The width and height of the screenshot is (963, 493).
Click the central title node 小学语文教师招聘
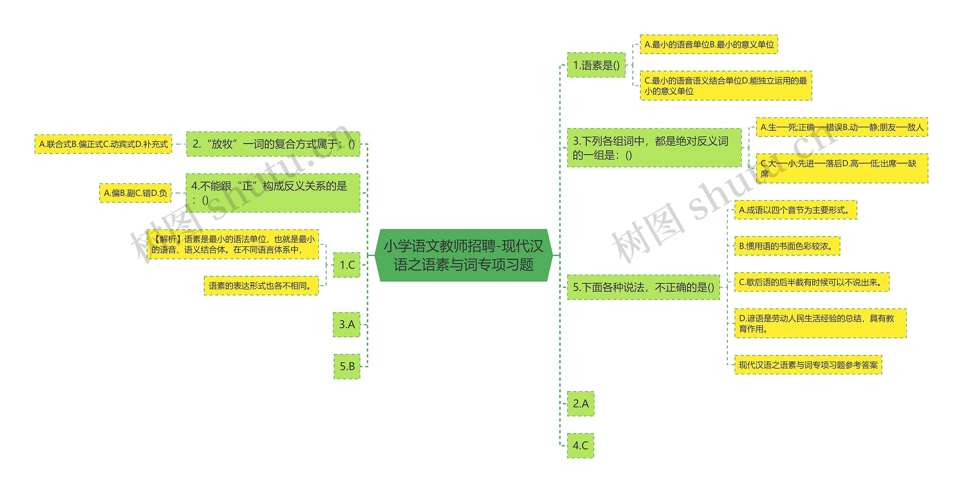(x=463, y=256)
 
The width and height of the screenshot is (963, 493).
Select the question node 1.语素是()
(x=596, y=65)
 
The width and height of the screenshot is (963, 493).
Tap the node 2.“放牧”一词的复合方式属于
(x=273, y=144)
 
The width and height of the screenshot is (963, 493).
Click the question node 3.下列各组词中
(x=654, y=148)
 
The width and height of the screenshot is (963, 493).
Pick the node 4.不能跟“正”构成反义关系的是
(x=273, y=193)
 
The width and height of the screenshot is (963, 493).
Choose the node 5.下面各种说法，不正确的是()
(x=643, y=287)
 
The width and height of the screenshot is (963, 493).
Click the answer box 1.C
(x=347, y=265)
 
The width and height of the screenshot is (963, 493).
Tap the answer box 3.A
(x=347, y=324)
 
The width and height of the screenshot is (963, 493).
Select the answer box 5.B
(x=347, y=366)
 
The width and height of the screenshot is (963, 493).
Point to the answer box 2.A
(x=580, y=404)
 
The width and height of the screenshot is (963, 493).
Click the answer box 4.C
(x=580, y=446)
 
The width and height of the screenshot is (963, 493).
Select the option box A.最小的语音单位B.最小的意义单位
(x=709, y=45)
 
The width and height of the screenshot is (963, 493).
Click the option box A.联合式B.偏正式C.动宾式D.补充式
(x=103, y=144)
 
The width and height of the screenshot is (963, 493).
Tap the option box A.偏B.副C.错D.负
(x=135, y=193)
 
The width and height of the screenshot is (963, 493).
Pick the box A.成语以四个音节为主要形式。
(x=796, y=210)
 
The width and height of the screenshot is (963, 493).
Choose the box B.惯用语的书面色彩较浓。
(x=787, y=246)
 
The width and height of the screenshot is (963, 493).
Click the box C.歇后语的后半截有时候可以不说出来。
(x=812, y=282)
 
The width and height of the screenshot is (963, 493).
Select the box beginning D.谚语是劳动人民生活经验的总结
(x=820, y=324)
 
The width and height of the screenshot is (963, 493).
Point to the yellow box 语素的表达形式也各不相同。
(x=261, y=286)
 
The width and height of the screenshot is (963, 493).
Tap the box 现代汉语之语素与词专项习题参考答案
(x=808, y=365)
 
